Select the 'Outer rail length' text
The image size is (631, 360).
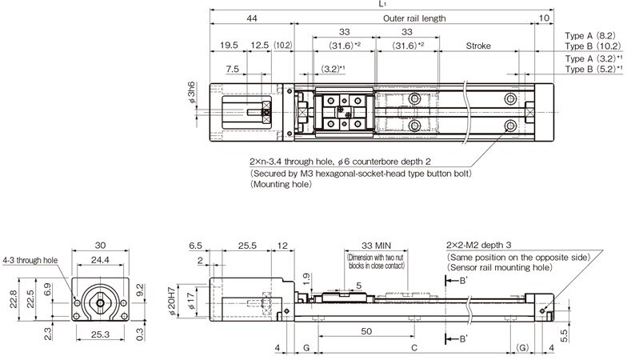point(413,18)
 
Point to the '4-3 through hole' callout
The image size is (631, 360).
point(30,260)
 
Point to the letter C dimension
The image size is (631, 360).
point(413,348)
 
